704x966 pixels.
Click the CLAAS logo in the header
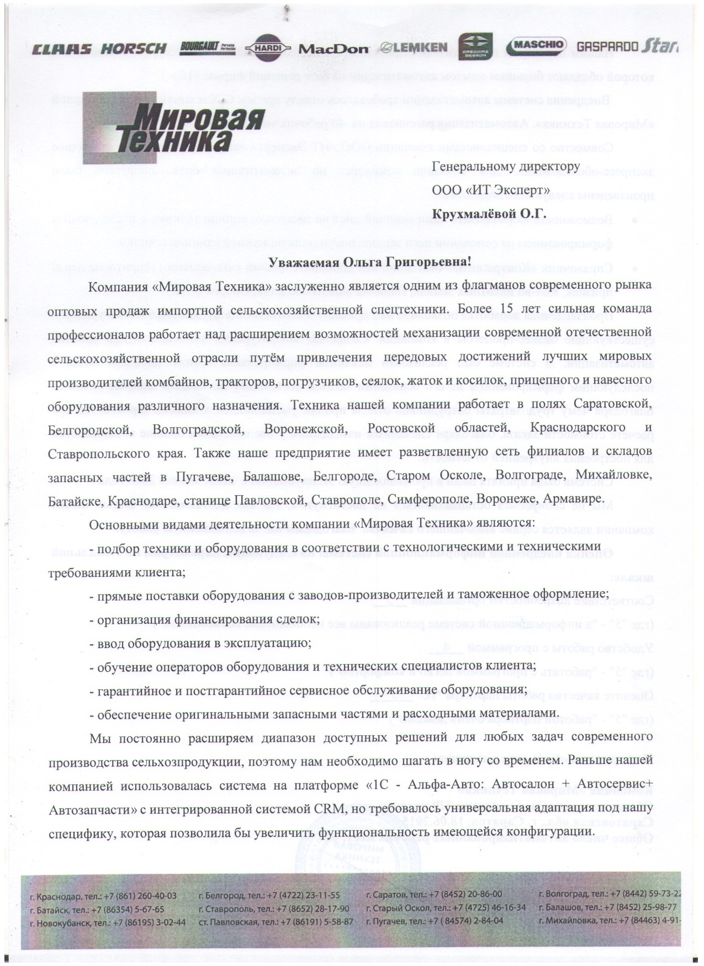62,49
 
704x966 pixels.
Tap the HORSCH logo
134,49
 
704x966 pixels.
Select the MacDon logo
333,49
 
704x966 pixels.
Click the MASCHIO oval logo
537,45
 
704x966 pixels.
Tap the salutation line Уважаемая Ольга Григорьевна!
369,262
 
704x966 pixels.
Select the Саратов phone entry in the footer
434,894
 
